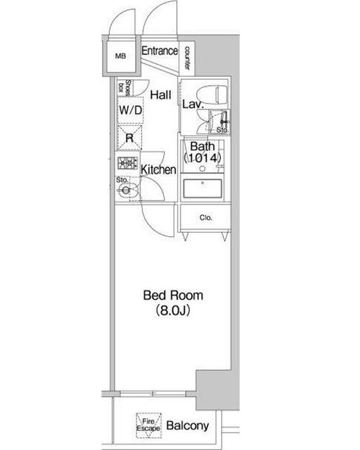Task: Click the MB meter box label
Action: pyautogui.click(x=120, y=56)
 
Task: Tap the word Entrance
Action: pyautogui.click(x=160, y=51)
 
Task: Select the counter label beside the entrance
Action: pyautogui.click(x=187, y=58)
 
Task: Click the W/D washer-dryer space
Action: pyautogui.click(x=131, y=110)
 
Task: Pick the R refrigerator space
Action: pyautogui.click(x=130, y=138)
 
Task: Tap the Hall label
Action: pyautogui.click(x=161, y=95)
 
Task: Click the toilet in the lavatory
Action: pyautogui.click(x=212, y=94)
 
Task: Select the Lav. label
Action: pyautogui.click(x=193, y=104)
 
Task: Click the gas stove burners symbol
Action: pyautogui.click(x=128, y=163)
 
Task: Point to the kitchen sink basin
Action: pyautogui.click(x=125, y=190)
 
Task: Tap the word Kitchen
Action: pyautogui.click(x=158, y=169)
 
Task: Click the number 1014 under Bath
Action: pyautogui.click(x=202, y=157)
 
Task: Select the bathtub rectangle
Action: pyautogui.click(x=202, y=188)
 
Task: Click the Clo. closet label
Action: pyautogui.click(x=206, y=217)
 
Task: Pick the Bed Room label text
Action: pyautogui.click(x=173, y=295)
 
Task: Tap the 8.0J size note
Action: pyautogui.click(x=173, y=311)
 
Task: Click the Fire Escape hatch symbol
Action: pyautogui.click(x=148, y=425)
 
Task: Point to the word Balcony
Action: pyautogui.click(x=188, y=425)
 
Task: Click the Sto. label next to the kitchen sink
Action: pyautogui.click(x=122, y=180)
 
